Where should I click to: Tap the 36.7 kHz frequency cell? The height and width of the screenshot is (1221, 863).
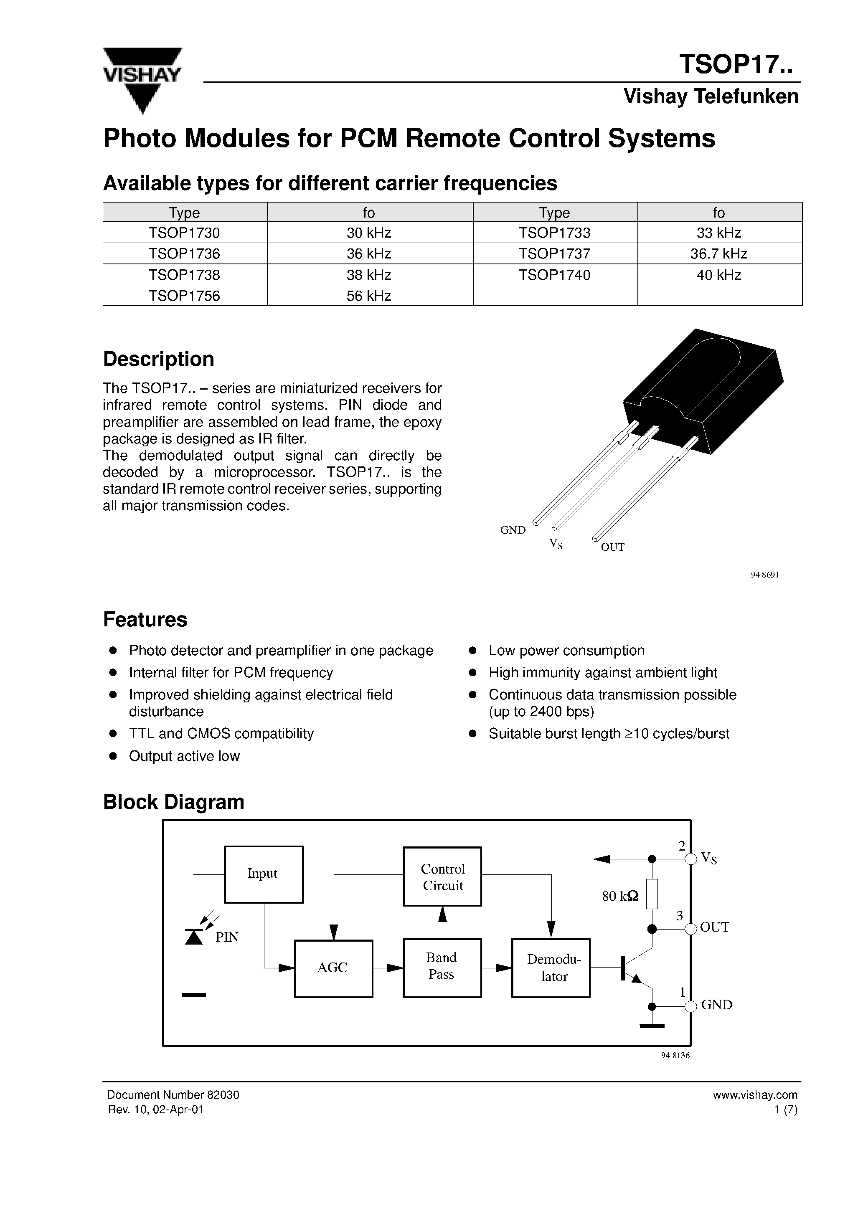coord(719,253)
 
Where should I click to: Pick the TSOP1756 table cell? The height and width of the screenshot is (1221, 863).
coord(184,296)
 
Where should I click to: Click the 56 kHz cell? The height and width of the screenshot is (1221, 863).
coord(369,296)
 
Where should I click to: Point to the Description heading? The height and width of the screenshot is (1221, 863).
coord(159,359)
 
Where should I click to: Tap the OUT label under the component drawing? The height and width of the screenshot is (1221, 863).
coord(612,547)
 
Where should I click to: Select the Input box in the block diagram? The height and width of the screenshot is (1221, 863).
coord(263,874)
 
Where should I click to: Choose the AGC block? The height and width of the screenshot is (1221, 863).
coord(333,968)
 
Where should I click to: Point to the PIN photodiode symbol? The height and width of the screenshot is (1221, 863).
coord(194,936)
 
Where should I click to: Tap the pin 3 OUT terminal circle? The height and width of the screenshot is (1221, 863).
coord(690,929)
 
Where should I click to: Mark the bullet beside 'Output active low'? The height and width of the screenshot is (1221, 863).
coord(113,756)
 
